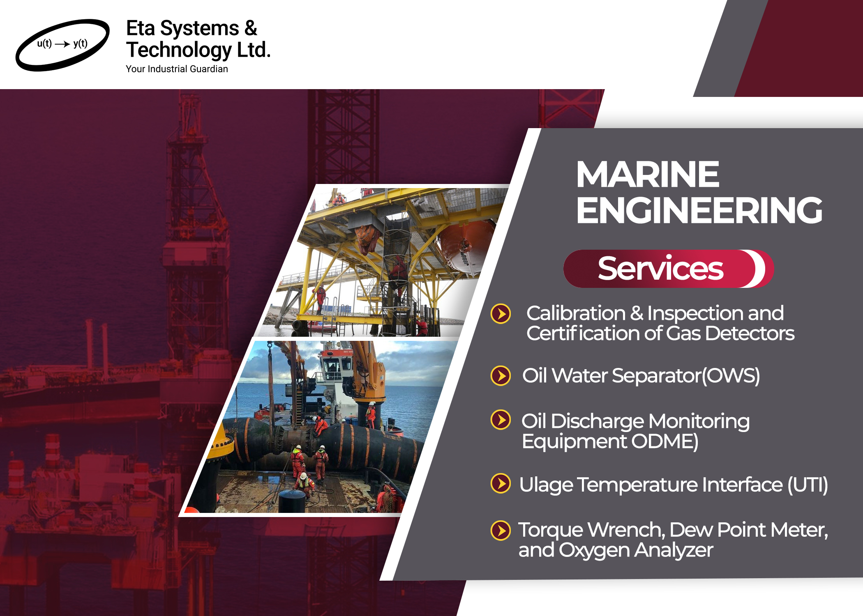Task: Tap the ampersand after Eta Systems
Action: click(251, 29)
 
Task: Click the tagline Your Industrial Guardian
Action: click(177, 69)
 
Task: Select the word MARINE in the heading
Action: click(648, 174)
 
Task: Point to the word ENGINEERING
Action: click(699, 210)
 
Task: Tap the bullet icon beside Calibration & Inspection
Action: click(501, 314)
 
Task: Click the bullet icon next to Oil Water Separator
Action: click(501, 376)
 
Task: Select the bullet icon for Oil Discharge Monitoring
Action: click(501, 420)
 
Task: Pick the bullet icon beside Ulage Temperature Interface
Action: click(501, 483)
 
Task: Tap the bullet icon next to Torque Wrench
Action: click(501, 530)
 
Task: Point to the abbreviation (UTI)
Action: click(808, 485)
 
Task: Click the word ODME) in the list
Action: click(665, 442)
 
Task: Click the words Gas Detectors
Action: click(730, 333)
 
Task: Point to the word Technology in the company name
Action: click(179, 51)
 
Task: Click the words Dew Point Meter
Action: click(748, 530)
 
